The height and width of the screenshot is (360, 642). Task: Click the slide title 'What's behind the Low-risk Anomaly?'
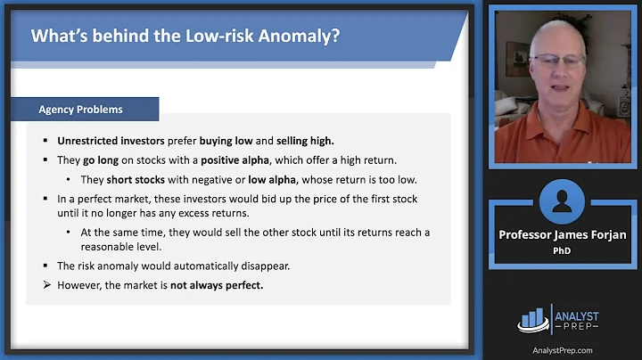(x=185, y=37)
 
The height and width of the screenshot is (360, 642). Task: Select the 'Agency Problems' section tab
(x=80, y=110)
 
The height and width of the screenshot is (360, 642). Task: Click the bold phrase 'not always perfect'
(x=220, y=284)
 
